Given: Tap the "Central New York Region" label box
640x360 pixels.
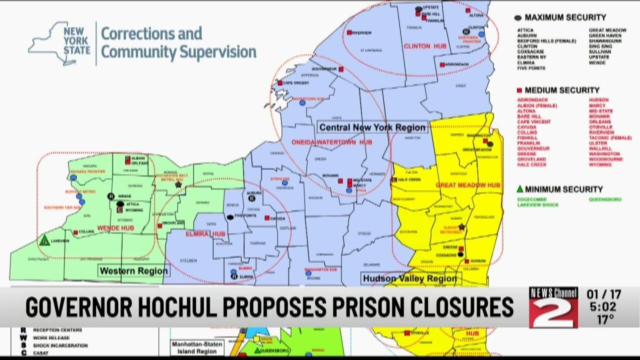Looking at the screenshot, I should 372,127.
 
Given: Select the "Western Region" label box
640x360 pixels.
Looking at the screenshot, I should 133,271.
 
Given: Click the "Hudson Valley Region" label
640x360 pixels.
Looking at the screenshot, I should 409,278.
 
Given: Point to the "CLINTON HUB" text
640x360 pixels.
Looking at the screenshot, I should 424,46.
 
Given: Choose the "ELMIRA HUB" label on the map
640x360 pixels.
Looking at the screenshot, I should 205,234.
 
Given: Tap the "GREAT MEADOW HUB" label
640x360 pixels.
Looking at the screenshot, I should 468,185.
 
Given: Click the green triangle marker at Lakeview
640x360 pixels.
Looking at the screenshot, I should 44,240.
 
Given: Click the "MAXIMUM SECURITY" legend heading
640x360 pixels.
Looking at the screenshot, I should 565,17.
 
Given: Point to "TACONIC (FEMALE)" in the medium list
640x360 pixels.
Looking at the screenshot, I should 610,137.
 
